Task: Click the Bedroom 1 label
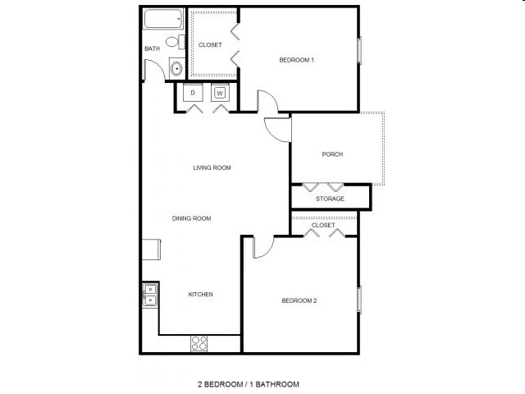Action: [297, 60]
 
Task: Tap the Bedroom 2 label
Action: [299, 300]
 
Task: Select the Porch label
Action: [332, 154]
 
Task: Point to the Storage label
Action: [330, 199]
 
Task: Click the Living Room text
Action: [212, 167]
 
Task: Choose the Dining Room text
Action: [192, 218]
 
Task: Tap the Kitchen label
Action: [201, 294]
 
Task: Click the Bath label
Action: [152, 48]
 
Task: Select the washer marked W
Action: [219, 93]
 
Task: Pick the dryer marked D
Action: [193, 93]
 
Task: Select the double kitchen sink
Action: [150, 294]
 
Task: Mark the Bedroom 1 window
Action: [358, 49]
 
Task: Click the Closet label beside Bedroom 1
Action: [210, 44]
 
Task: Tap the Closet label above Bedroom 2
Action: [323, 224]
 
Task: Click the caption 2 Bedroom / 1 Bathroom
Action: [248, 383]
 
